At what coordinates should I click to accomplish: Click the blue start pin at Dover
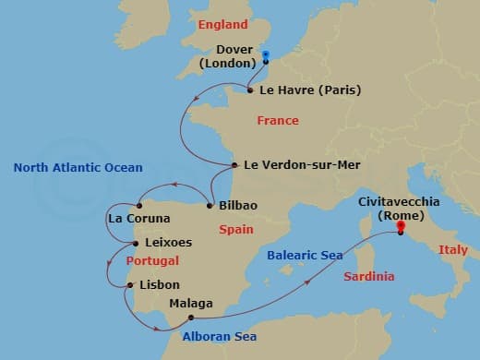(265, 56)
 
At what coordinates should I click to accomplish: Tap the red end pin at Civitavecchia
(401, 228)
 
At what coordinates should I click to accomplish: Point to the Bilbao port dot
(210, 205)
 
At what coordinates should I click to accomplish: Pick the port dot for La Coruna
(138, 205)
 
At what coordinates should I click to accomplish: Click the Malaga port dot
(190, 317)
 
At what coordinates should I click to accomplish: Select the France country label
(278, 121)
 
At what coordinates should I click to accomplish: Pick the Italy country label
(453, 249)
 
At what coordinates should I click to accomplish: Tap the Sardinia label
(368, 276)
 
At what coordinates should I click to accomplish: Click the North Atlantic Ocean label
(78, 167)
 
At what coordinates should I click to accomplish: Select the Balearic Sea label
(305, 255)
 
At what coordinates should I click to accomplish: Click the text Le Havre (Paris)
(309, 90)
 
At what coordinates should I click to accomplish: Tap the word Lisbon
(158, 285)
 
